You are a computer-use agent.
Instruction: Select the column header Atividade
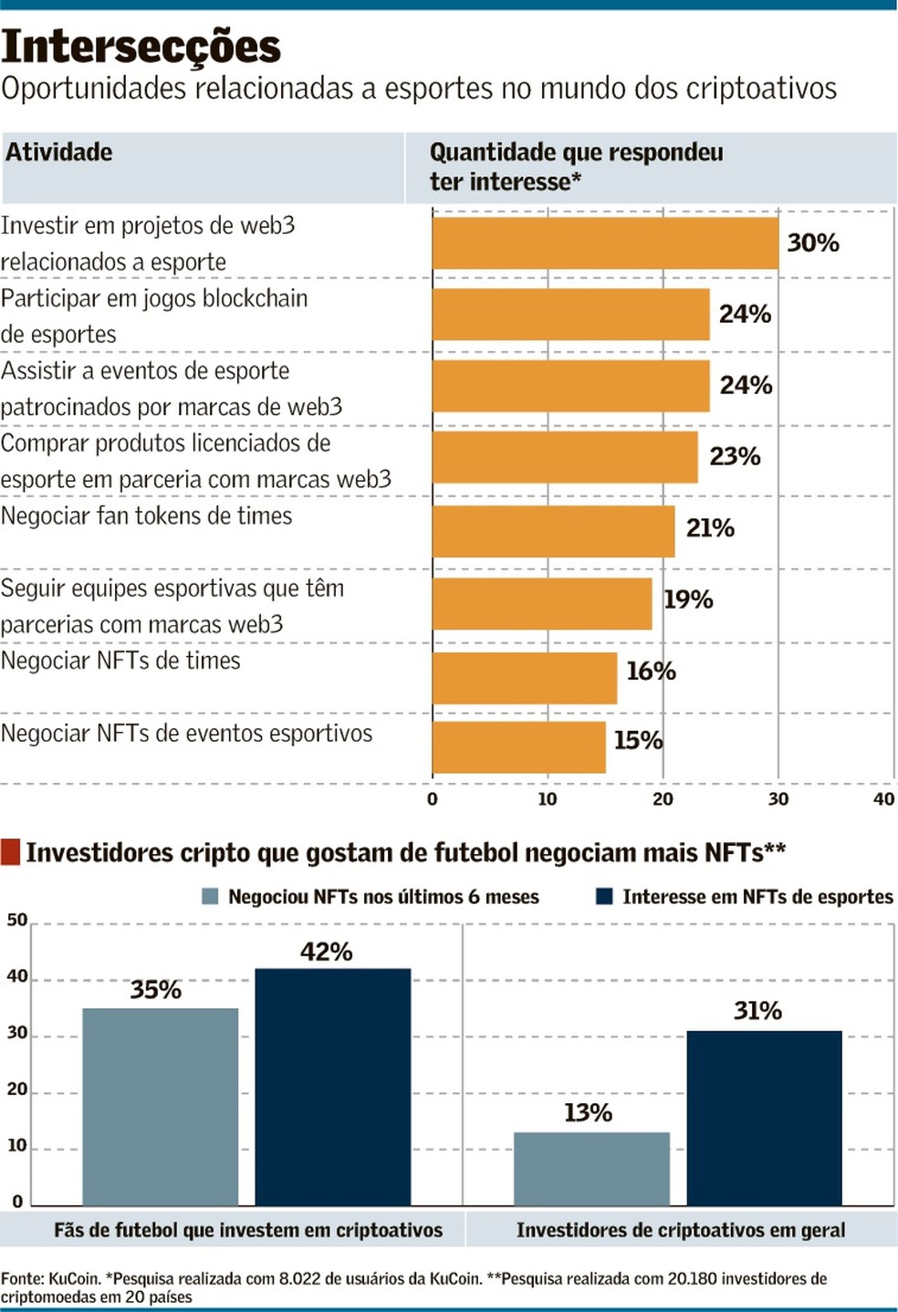click(59, 152)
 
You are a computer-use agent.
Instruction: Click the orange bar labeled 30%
click(605, 244)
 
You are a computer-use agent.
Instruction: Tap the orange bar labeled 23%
click(565, 457)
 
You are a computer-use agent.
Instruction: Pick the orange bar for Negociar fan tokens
click(553, 531)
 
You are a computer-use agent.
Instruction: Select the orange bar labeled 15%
click(518, 747)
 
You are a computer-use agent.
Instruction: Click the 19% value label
click(688, 599)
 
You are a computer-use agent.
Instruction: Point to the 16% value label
click(651, 672)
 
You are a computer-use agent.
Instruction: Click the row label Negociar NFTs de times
click(120, 661)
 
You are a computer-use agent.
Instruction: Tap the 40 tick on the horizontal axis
click(883, 799)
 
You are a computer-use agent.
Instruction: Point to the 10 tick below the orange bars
click(547, 799)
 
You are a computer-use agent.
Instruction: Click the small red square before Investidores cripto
click(10, 852)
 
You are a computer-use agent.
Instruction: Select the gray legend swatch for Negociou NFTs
click(210, 897)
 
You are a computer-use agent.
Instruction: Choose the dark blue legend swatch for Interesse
click(604, 897)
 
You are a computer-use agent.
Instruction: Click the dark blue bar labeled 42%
click(332, 1087)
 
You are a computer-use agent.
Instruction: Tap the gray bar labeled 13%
click(591, 1169)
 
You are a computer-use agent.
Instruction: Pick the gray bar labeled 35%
click(161, 1107)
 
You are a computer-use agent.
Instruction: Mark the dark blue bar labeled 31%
click(764, 1118)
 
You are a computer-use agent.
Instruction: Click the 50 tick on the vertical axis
click(17, 920)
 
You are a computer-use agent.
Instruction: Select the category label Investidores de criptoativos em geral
click(681, 1230)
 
